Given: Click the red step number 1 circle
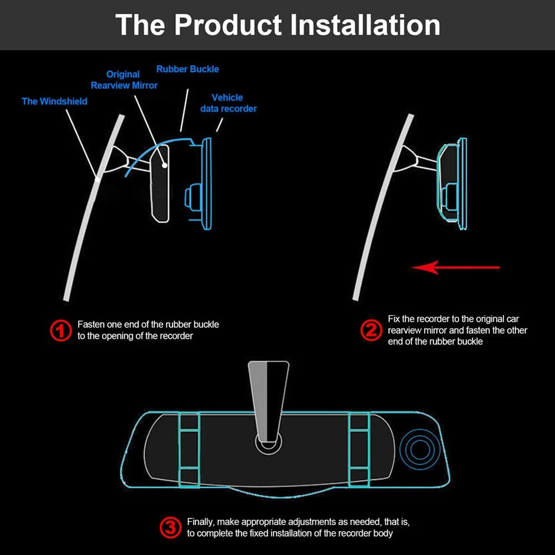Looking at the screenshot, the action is click(61, 330).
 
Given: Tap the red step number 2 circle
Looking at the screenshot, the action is click(371, 330).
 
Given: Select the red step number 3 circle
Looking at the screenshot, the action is click(171, 527).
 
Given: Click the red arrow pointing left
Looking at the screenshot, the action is click(456, 268).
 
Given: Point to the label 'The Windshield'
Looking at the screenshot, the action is click(54, 101).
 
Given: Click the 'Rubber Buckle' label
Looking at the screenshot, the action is click(187, 69).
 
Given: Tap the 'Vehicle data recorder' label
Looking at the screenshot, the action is click(228, 103).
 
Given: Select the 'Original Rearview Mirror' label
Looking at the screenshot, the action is click(124, 80).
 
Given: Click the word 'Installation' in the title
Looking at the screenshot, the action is click(365, 25).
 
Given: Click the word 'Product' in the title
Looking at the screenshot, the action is click(228, 25).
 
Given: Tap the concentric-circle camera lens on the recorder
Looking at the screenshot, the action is click(420, 450).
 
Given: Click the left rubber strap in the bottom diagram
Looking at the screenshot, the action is click(189, 450).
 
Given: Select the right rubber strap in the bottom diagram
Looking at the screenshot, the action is click(359, 450).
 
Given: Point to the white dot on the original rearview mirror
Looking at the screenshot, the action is click(165, 165).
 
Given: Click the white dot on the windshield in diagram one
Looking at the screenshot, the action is click(98, 179).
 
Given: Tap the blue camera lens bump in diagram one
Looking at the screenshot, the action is click(192, 197).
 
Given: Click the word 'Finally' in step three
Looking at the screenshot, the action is click(201, 522).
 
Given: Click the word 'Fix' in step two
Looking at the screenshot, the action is click(394, 319).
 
